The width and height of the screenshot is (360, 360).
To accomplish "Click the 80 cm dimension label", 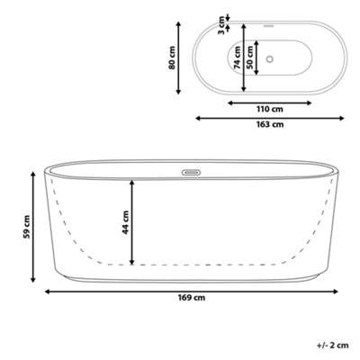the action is (172, 58).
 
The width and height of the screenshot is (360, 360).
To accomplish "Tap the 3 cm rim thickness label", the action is (221, 25).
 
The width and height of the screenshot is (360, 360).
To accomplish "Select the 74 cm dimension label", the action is (238, 57).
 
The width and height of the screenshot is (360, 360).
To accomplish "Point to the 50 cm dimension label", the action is (249, 57).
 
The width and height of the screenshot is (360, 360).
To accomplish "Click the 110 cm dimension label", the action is (270, 109).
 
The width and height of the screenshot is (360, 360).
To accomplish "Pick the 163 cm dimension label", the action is (270, 124).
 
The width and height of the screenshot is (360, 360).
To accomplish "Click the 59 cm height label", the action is (27, 227).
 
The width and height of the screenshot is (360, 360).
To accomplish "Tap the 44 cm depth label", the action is (125, 222).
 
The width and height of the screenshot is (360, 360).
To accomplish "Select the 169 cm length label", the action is (192, 298).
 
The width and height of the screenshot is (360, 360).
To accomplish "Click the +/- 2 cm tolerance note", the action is (333, 346).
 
